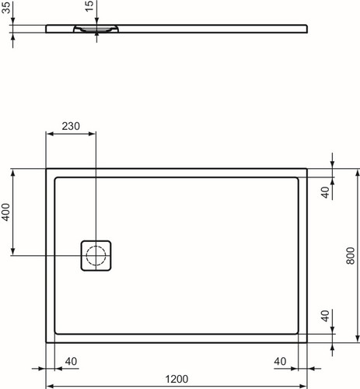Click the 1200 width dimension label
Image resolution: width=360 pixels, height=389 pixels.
pos(177,379)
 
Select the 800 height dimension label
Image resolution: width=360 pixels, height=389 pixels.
pos(351,256)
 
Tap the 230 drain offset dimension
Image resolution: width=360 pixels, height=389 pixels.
pos(71,126)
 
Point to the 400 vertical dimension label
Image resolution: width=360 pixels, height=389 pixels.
pos(6,212)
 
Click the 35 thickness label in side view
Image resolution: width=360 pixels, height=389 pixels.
pos(6,7)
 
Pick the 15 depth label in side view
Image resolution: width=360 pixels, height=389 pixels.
pos(89,6)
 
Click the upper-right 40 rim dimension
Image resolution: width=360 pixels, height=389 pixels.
pos(325,192)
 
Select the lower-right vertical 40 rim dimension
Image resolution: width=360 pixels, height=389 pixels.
pos(325,316)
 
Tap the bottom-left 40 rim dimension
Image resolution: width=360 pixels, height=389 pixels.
pos(71,361)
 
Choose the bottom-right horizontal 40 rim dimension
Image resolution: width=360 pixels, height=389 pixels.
pos(280,361)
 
